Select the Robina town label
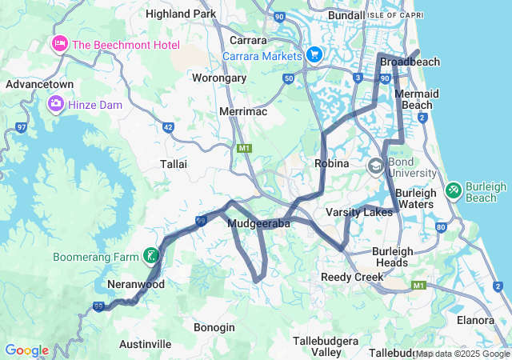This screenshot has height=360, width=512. pos(332,163)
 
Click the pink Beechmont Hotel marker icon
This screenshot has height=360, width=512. pos(59,43)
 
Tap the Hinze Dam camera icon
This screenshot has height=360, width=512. pos(55,102)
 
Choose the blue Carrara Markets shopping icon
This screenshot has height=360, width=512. pos(314,54)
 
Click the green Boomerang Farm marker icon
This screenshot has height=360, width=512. pos(150,257)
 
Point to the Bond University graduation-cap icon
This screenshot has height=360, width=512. pos(375,166)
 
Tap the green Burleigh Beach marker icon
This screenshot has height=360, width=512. pos(453,190)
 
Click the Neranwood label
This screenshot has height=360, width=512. pos(135,284)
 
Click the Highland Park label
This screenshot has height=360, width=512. pos(180,14)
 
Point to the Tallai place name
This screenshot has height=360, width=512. pos(174,163)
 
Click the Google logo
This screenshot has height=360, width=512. pos(26,350)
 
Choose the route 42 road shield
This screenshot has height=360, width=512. pos(168,126)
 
